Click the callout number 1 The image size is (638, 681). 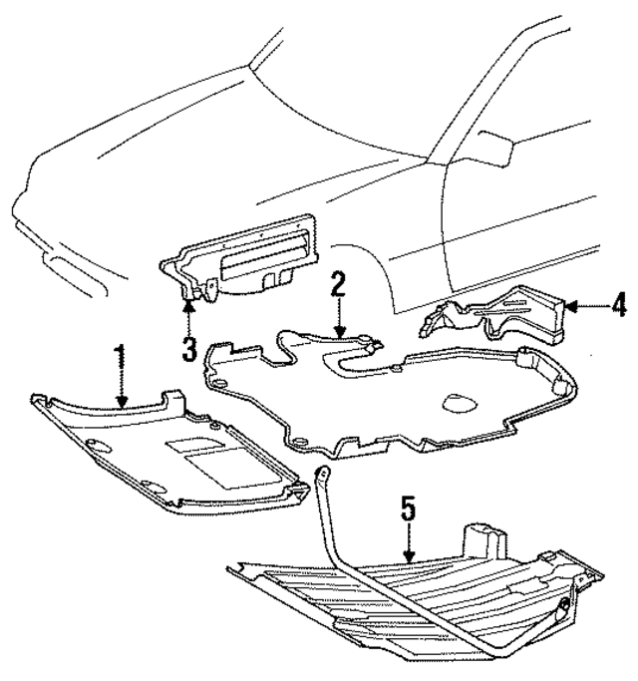pyautogui.click(x=121, y=356)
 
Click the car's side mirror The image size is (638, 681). pyautogui.click(x=493, y=146)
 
